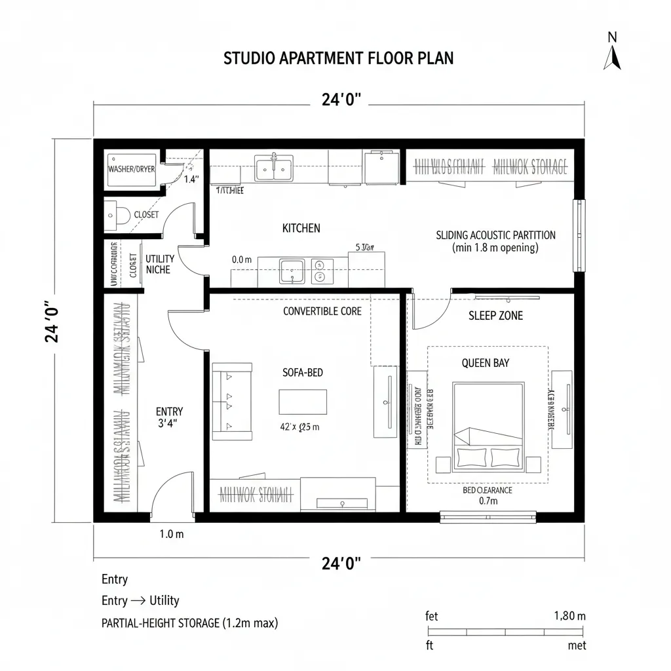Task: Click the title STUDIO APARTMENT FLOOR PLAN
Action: point(338,58)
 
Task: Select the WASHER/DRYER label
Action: point(131,169)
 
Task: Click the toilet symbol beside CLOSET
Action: point(112,214)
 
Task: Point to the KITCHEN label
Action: point(301,228)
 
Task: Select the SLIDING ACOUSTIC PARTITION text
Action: point(495,235)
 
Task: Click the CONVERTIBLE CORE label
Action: point(322,311)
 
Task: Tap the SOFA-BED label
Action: point(302,372)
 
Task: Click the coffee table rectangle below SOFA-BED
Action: point(303,401)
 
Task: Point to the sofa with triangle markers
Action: point(232,401)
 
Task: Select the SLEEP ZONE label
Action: point(495,316)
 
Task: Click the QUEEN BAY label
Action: point(485,363)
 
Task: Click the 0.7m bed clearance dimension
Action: point(489,501)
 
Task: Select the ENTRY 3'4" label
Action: point(169,417)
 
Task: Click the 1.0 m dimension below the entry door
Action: point(172,534)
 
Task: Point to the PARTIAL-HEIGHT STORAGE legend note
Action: point(189,623)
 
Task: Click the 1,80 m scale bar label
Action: point(569,616)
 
